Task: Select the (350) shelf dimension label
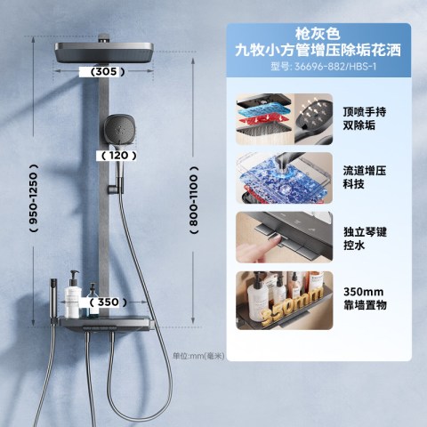click(108, 302)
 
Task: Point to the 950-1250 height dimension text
click(34, 198)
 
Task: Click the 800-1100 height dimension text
click(194, 200)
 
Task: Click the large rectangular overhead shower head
click(104, 52)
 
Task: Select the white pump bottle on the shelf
click(72, 294)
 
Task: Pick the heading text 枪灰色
click(318, 34)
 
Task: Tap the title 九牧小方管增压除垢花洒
click(318, 50)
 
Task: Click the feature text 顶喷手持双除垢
click(365, 118)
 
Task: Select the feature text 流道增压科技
click(365, 177)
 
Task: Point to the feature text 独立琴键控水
click(365, 238)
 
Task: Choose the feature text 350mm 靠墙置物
click(365, 299)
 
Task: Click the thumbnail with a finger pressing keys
click(285, 238)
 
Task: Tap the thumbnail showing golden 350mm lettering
click(285, 301)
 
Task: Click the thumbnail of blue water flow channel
click(285, 178)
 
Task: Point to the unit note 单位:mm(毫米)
click(198, 356)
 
